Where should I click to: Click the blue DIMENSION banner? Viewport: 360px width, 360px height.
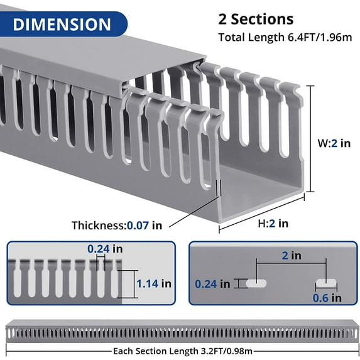click(62, 25)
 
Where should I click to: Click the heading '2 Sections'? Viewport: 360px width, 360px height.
click(256, 19)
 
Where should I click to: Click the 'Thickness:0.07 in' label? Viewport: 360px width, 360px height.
click(116, 225)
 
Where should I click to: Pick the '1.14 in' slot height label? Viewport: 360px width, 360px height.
click(153, 283)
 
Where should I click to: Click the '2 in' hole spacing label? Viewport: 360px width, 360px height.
click(292, 256)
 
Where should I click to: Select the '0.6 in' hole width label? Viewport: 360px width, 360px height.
click(327, 298)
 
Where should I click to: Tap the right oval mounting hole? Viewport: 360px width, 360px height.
click(326, 283)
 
